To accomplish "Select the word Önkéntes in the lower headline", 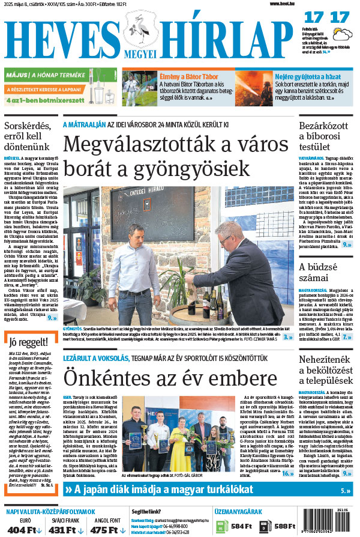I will point(113,378).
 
